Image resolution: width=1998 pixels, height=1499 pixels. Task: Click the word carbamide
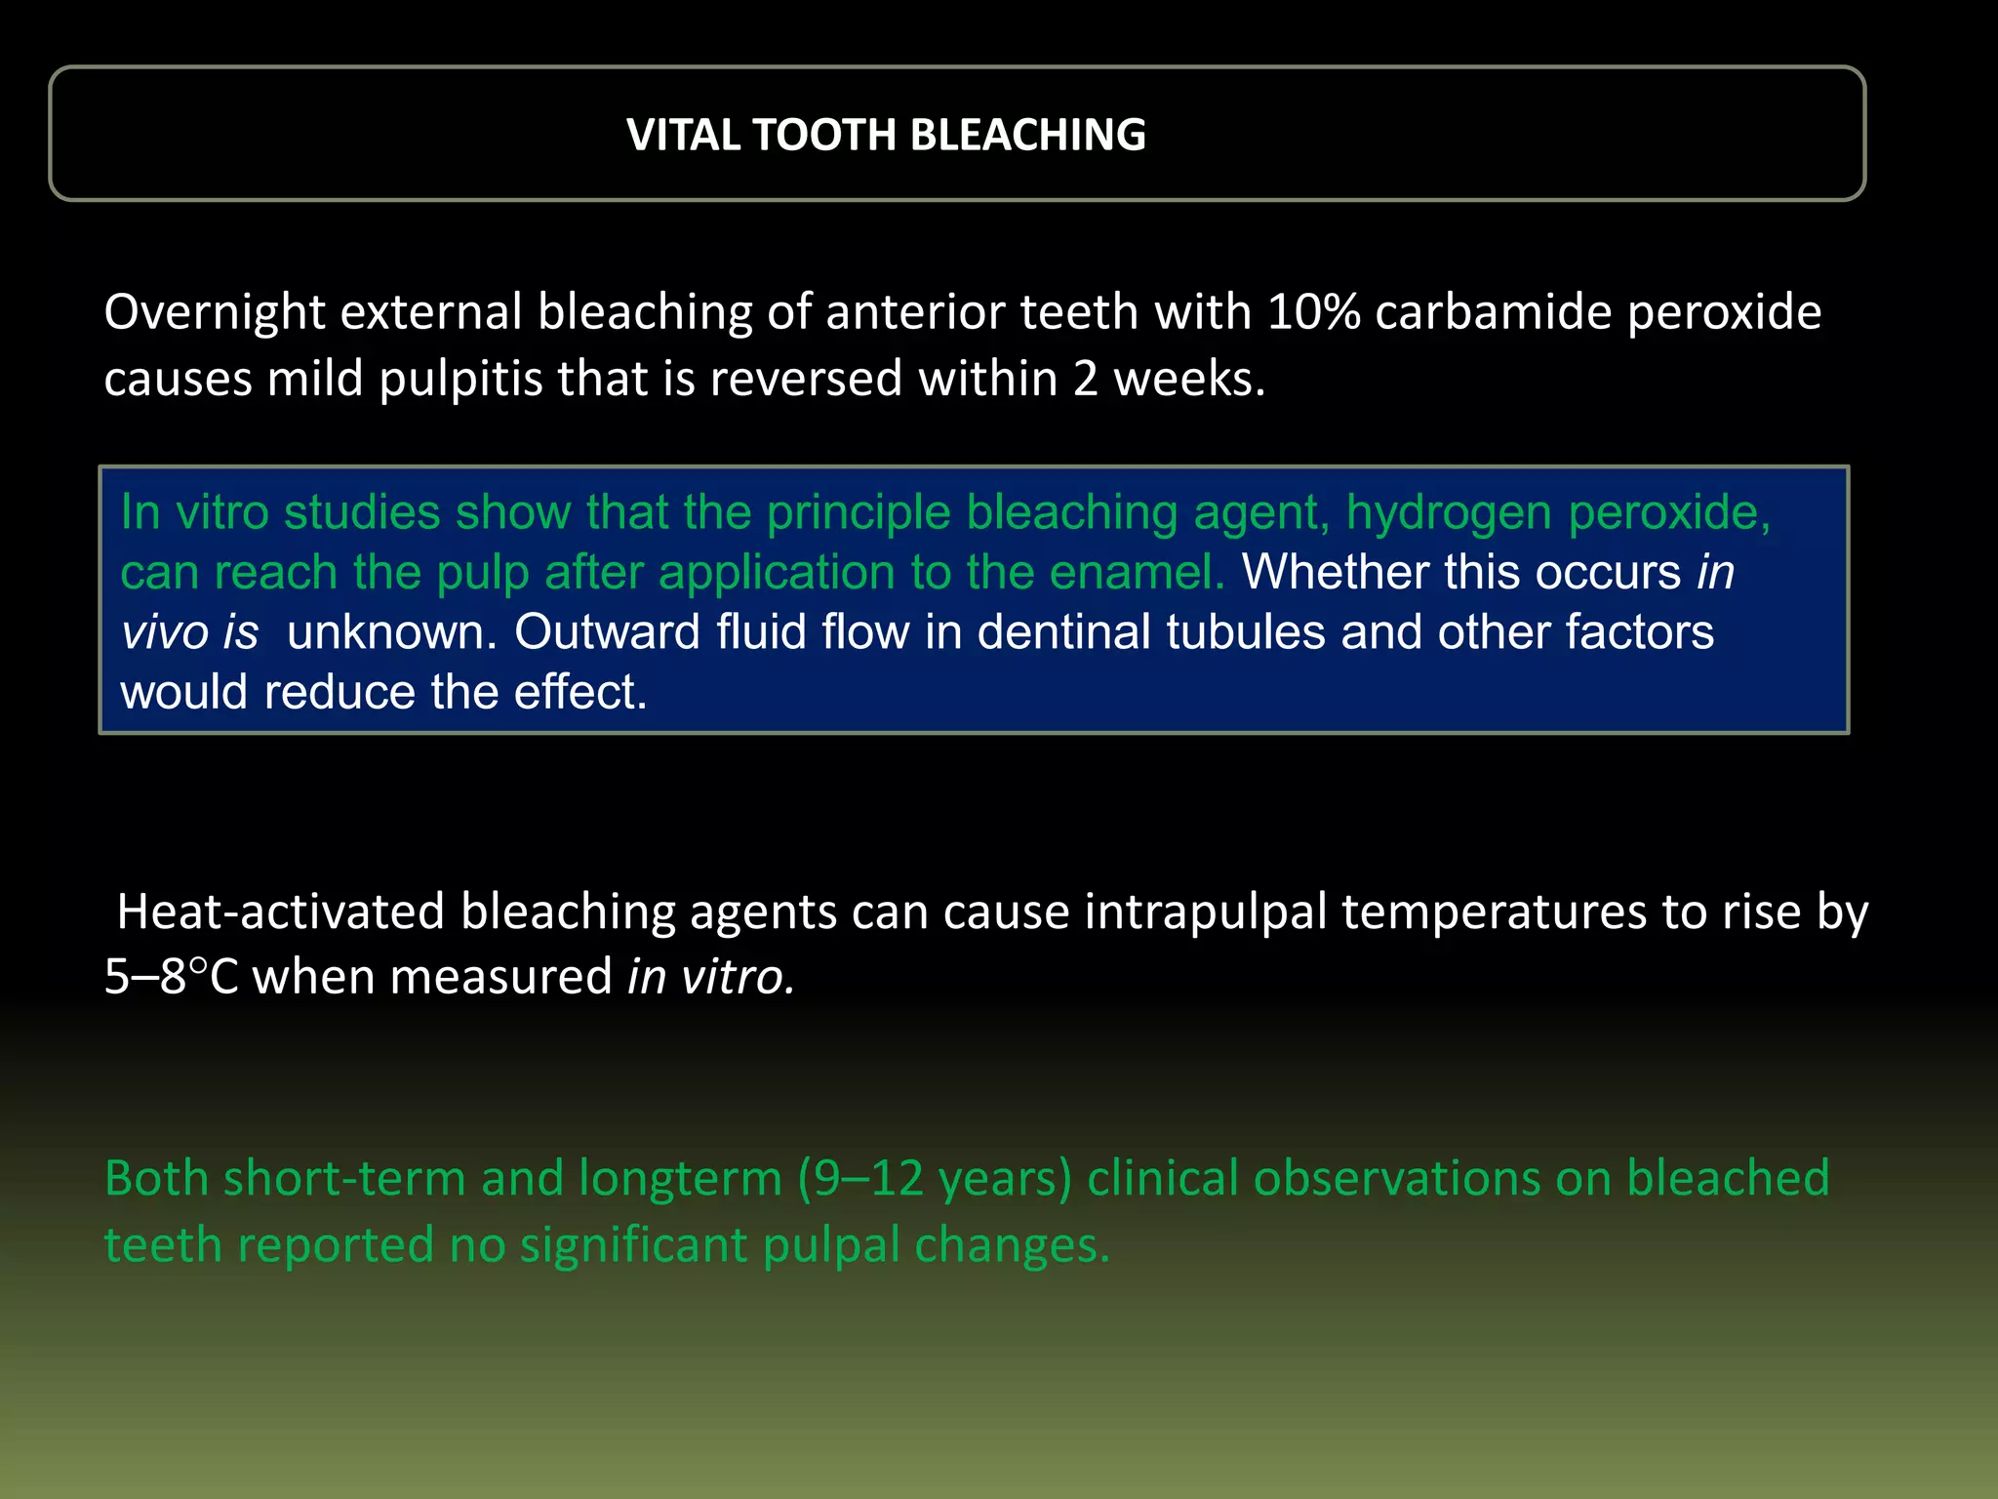tap(1493, 313)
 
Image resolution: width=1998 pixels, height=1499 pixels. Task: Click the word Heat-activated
tap(280, 912)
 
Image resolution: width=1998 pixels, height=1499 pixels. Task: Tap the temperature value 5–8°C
tap(171, 977)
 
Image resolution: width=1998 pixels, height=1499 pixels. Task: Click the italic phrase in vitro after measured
tap(710, 977)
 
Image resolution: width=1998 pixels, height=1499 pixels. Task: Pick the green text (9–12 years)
tap(935, 1179)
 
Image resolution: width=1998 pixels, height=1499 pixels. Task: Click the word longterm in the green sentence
tap(680, 1179)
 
